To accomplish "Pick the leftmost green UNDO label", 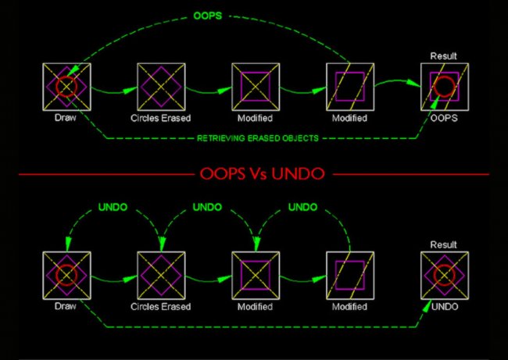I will tap(113, 208).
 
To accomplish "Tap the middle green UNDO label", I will tap(207, 208).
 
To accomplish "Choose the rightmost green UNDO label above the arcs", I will tap(302, 208).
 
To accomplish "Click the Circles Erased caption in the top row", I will tap(160, 118).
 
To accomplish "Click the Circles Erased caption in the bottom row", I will tap(160, 306).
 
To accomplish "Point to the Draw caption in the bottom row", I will tap(66, 306).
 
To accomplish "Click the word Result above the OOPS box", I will tap(444, 56).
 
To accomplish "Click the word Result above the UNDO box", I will tap(444, 244).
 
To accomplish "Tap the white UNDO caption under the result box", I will tap(444, 306).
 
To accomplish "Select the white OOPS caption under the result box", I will tap(444, 118).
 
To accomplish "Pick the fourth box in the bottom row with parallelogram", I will tap(349, 274).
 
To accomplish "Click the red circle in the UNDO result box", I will tap(444, 274).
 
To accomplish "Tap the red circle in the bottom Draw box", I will tap(66, 274).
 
